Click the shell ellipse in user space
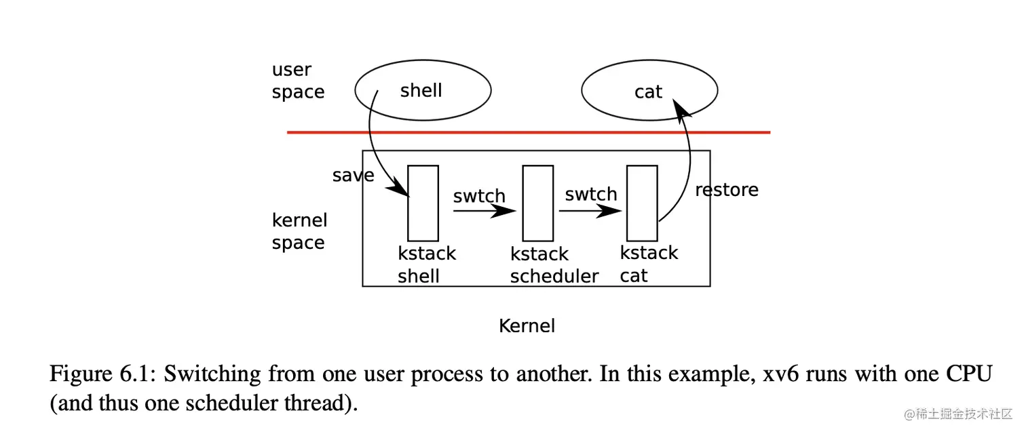coord(422,90)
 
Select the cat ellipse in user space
coord(649,91)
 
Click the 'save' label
coord(353,176)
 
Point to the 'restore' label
coord(727,190)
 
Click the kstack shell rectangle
coord(423,203)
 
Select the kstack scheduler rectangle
coord(537,203)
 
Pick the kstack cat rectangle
coord(641,203)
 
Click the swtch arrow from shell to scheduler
coord(484,211)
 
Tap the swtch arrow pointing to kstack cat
coord(590,211)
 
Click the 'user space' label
coord(298,81)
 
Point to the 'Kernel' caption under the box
coord(527,326)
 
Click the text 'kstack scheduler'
coord(554,265)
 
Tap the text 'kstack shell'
coord(426,264)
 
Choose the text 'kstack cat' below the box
coord(648,264)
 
